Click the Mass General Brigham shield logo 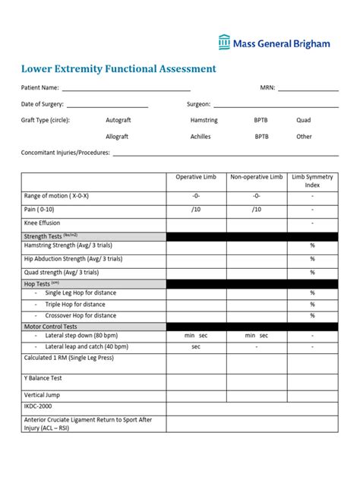pos(225,43)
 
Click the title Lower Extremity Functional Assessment pos(118,69)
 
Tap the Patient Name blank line pos(125,89)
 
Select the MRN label pos(267,88)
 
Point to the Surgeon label pos(198,104)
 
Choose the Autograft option pos(118,120)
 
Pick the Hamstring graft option pos(204,120)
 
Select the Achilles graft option pos(201,137)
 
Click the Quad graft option pos(303,120)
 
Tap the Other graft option pos(304,137)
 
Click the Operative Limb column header pos(196,177)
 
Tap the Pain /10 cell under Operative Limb pos(196,210)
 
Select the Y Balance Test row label pos(43,377)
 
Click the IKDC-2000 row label pos(40,406)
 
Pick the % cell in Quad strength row pos(312,272)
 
